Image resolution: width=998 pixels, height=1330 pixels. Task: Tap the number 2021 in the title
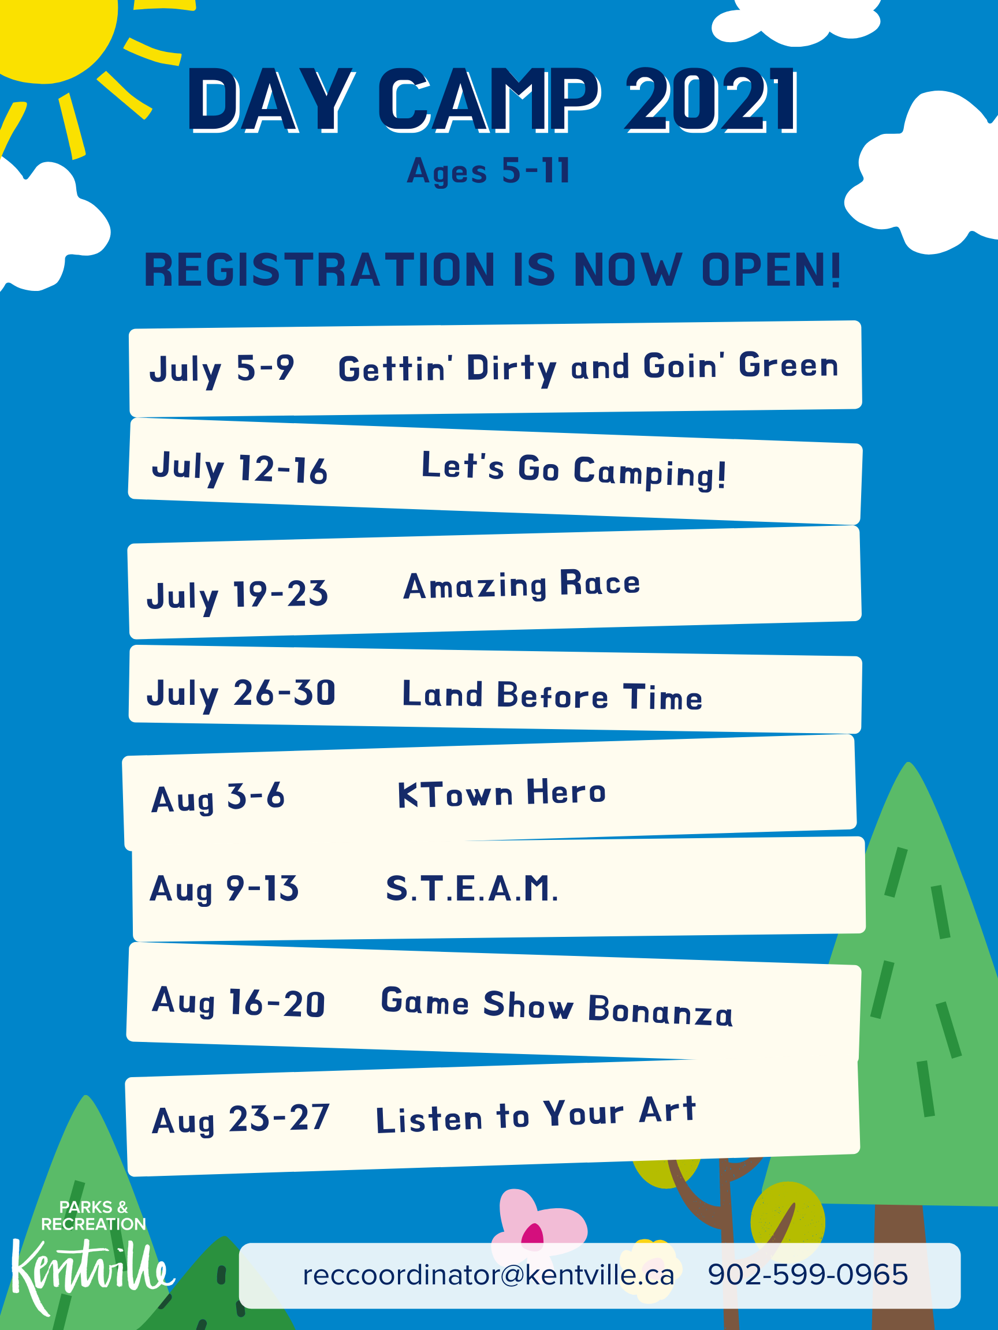(713, 100)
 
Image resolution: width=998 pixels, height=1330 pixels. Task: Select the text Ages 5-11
(489, 171)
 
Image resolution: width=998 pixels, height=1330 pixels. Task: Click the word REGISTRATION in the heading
(319, 270)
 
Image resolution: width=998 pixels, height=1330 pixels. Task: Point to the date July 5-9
(222, 369)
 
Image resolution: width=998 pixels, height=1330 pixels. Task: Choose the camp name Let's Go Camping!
(574, 470)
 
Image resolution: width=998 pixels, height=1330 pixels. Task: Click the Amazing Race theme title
(522, 584)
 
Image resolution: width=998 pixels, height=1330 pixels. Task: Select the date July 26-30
(241, 694)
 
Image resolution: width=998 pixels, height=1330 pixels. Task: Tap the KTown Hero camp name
(502, 793)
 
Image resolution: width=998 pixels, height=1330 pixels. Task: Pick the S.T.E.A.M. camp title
(472, 888)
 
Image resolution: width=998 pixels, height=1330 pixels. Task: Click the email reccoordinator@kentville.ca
(489, 1275)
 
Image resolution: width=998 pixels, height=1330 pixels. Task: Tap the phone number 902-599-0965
(808, 1274)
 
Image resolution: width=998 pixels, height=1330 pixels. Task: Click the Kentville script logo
(90, 1275)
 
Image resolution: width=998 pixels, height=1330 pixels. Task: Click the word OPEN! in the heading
(772, 270)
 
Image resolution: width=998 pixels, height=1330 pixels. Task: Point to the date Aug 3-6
(218, 798)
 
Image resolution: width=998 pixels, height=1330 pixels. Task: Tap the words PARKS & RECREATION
(93, 1216)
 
